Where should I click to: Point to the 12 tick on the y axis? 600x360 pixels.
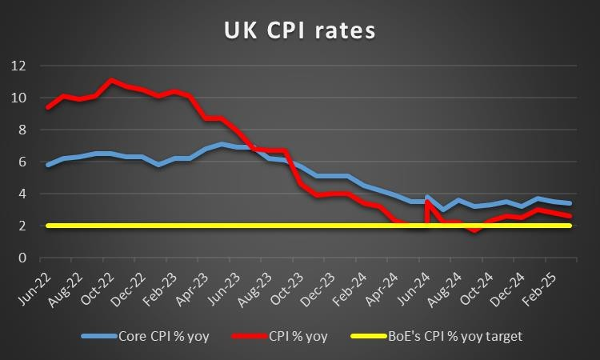pyautogui.click(x=18, y=66)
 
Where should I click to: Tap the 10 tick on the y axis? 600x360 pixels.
pyautogui.click(x=18, y=98)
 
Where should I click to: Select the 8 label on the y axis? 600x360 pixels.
pyautogui.click(x=22, y=130)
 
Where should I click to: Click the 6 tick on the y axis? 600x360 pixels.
pyautogui.click(x=22, y=162)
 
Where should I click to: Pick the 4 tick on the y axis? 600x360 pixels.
pyautogui.click(x=22, y=194)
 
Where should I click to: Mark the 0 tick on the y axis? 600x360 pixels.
pyautogui.click(x=22, y=258)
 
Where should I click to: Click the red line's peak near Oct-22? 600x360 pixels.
pyautogui.click(x=111, y=80)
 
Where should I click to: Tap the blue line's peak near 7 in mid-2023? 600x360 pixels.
pyautogui.click(x=222, y=144)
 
